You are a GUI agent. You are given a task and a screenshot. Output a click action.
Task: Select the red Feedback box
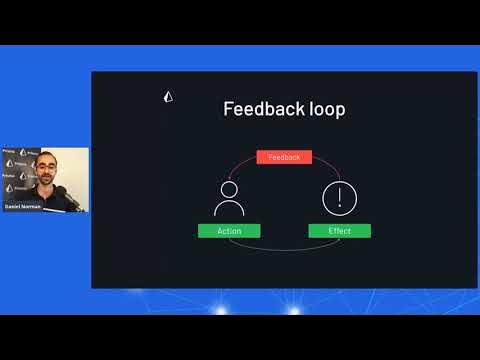pyautogui.click(x=285, y=157)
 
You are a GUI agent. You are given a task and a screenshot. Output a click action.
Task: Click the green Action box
pyautogui.click(x=228, y=231)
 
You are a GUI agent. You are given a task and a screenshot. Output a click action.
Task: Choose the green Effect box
pyautogui.click(x=340, y=231)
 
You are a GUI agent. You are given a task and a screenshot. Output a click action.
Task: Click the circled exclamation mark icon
pyautogui.click(x=340, y=197)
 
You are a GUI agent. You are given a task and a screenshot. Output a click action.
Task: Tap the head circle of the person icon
pyautogui.click(x=228, y=188)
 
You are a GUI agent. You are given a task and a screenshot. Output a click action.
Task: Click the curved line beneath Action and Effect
pyautogui.click(x=284, y=246)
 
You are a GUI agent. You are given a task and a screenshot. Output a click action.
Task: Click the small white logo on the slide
pyautogui.click(x=167, y=97)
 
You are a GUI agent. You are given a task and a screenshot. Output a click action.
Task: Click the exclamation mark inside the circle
pyautogui.click(x=340, y=196)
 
